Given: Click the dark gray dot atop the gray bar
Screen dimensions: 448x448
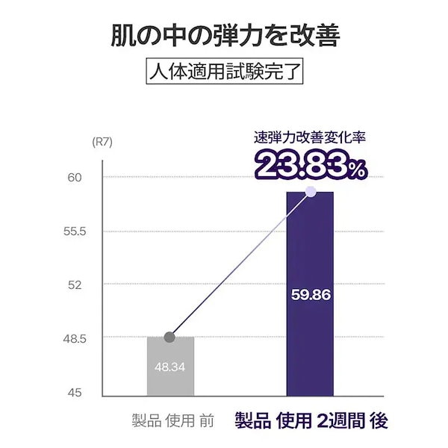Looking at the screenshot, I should point(169,337).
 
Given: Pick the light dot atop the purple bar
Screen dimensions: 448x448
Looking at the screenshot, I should point(311,192).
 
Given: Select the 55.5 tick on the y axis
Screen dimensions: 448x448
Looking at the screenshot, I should point(75,231).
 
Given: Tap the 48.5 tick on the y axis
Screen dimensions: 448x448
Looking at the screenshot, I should point(75,338).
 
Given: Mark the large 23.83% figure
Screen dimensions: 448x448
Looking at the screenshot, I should point(311,165).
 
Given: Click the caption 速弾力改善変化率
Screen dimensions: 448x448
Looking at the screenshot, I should point(309,137).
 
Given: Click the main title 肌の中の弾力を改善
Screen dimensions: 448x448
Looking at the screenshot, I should point(225,34).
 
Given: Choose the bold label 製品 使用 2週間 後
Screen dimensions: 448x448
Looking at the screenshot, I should point(311,420).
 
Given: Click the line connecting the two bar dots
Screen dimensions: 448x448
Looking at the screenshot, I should point(239,266).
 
